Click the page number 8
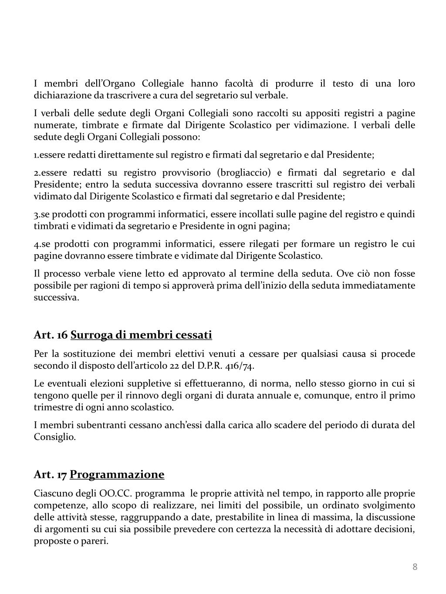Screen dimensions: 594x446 [x=415, y=567]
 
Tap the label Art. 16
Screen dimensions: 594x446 [x=51, y=335]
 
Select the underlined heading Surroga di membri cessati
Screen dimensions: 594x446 [x=141, y=335]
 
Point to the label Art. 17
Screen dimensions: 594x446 [x=50, y=474]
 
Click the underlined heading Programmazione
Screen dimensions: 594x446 [x=117, y=474]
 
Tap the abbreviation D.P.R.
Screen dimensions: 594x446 [x=209, y=366]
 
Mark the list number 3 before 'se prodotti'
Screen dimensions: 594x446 [x=36, y=215]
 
